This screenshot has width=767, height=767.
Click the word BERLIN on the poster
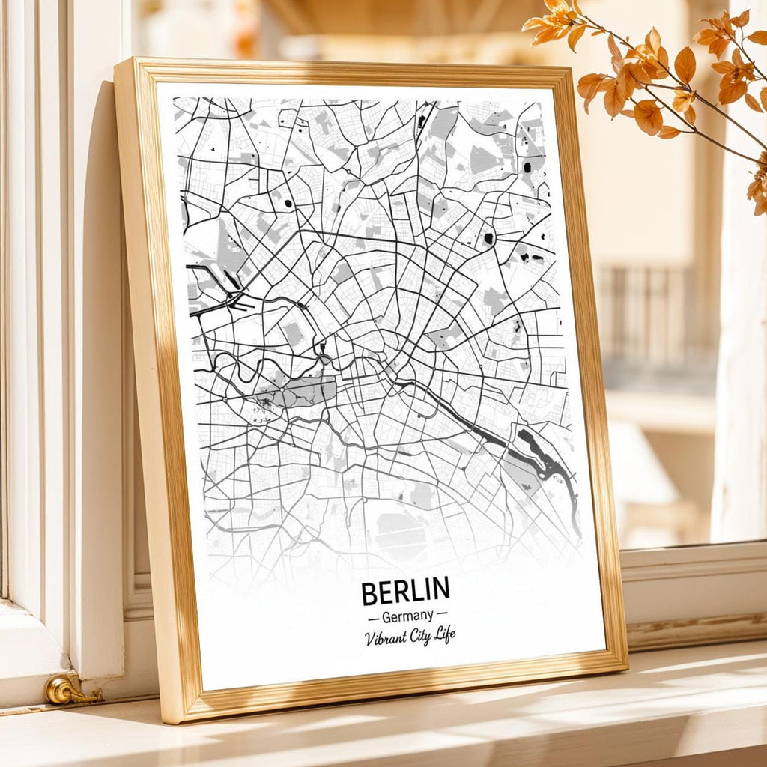(x=405, y=591)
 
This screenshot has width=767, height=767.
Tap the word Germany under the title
(x=407, y=616)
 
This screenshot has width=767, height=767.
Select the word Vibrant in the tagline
(x=386, y=638)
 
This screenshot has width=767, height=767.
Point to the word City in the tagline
(x=422, y=637)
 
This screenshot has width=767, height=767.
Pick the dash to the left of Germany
(x=373, y=618)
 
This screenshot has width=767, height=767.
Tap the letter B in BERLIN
(x=369, y=593)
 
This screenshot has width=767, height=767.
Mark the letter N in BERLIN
(x=440, y=589)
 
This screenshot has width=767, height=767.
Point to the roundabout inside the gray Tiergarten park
(x=264, y=404)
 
